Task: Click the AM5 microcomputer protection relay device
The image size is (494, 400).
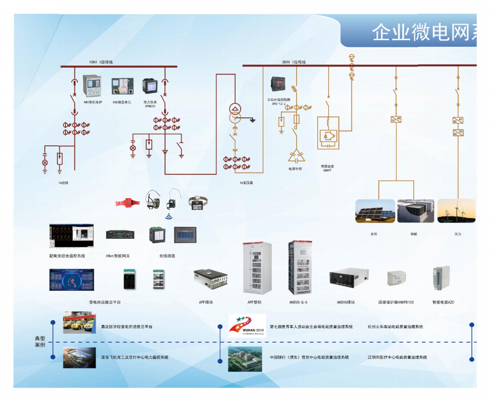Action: (91, 85)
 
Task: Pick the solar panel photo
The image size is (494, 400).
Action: (375, 210)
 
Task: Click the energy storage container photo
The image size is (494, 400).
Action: (416, 210)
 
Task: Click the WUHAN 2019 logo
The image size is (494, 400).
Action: (246, 325)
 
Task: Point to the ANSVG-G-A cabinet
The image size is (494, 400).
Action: (300, 268)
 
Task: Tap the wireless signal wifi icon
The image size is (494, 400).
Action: (168, 215)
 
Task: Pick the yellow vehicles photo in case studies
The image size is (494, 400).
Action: (80, 322)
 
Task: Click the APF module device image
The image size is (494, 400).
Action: (210, 279)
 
